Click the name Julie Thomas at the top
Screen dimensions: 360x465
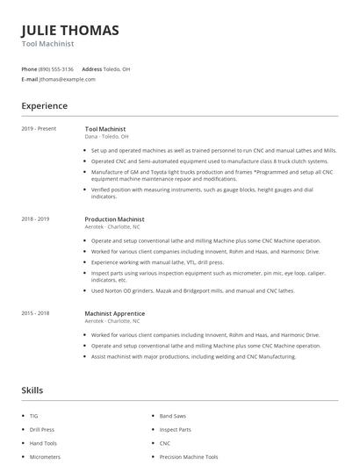tap(69, 30)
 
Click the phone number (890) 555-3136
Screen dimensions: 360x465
tap(56, 68)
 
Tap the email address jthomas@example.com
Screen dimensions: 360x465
tap(68, 79)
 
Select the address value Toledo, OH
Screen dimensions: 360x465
tap(118, 68)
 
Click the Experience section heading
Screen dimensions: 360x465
tap(44, 106)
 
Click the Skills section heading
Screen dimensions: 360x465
tap(32, 390)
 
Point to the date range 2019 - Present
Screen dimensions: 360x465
tap(39, 129)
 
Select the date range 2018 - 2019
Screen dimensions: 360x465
tap(35, 219)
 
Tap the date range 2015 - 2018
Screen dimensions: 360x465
tap(35, 313)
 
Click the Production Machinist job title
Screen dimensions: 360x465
tap(114, 219)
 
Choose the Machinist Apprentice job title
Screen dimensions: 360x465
tap(115, 313)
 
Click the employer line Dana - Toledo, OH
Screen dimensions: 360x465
tap(106, 137)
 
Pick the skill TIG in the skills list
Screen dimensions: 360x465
tap(33, 415)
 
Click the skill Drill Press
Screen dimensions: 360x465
tap(41, 429)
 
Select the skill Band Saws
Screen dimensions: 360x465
tap(173, 415)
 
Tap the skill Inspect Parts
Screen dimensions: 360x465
tap(175, 429)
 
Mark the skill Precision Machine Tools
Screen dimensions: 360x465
tap(188, 457)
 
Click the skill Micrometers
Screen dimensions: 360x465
tap(45, 457)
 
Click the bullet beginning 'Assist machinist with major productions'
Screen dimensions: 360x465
tap(193, 356)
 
